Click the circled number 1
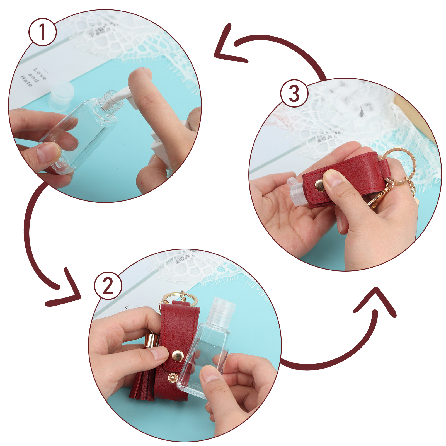(42, 32)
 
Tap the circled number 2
(108, 286)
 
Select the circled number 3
(294, 93)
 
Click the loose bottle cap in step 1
(61, 95)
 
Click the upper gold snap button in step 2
(178, 356)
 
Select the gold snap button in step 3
(320, 186)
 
